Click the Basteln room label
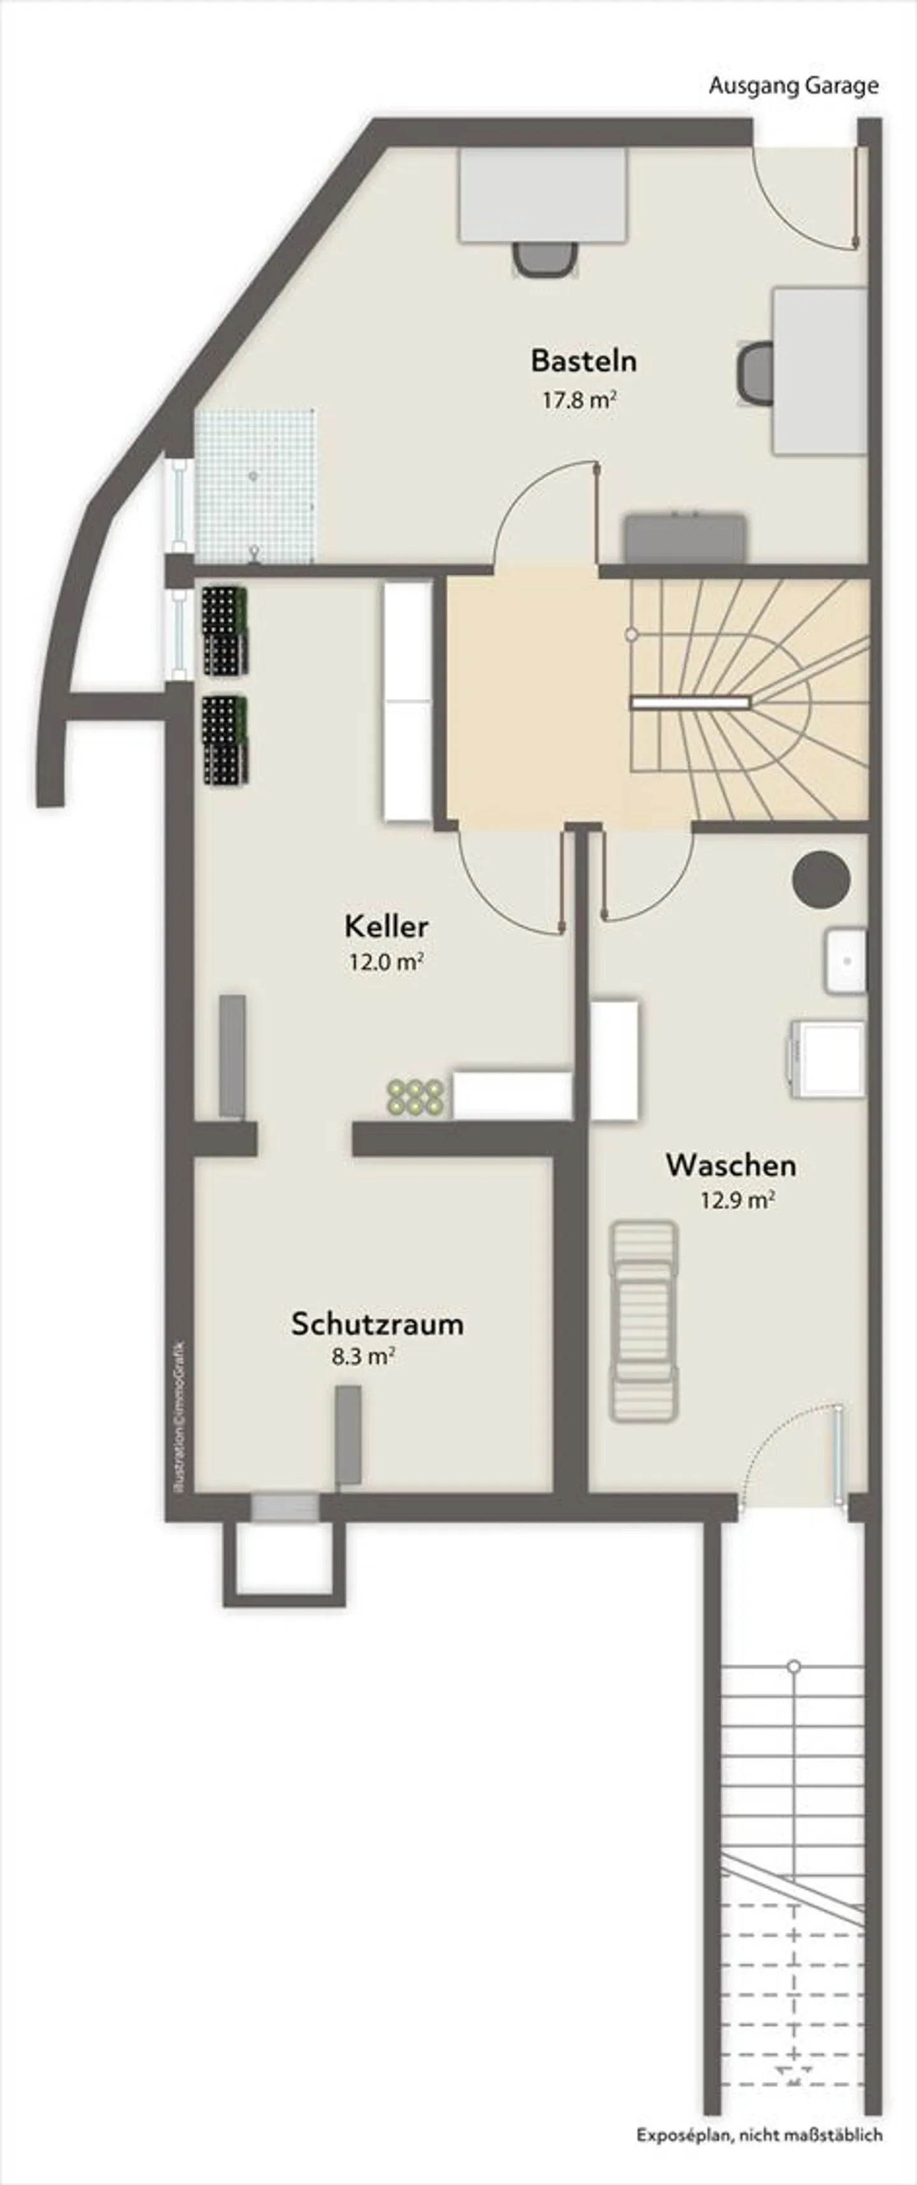point(583,360)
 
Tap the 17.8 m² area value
point(578,400)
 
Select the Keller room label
point(386,926)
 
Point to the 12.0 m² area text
point(386,963)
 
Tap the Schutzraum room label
point(378,1324)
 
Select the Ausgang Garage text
point(793,86)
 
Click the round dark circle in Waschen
point(821,880)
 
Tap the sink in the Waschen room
point(846,961)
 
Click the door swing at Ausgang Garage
point(806,199)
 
